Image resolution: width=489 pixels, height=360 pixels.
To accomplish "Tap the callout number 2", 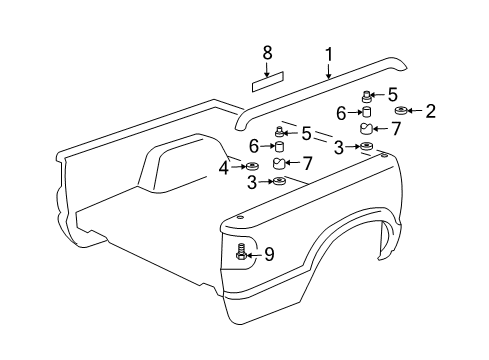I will (431, 111).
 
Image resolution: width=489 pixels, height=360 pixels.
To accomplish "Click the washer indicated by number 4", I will (252, 166).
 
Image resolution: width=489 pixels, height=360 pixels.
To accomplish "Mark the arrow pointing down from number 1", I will (328, 69).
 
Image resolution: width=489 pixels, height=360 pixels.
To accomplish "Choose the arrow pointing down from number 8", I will (267, 69).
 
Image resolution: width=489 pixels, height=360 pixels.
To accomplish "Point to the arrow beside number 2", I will (416, 111).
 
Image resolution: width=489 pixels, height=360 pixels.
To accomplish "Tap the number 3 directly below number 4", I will (252, 182).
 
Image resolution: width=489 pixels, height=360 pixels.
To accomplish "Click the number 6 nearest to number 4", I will (255, 146).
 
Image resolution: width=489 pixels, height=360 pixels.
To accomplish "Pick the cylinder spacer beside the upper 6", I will (366, 112).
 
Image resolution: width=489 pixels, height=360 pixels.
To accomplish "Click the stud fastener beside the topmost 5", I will (367, 95).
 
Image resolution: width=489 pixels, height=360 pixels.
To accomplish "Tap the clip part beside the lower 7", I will (279, 163).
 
